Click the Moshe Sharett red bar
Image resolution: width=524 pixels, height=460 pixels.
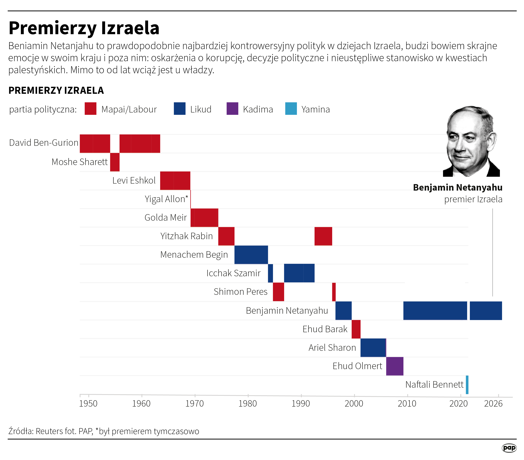(115, 162)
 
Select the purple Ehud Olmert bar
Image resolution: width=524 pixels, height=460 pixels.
(395, 366)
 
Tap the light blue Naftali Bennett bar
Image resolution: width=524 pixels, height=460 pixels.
(467, 385)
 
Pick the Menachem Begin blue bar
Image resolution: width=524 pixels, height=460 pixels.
(251, 255)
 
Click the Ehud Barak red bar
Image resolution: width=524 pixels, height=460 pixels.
(356, 329)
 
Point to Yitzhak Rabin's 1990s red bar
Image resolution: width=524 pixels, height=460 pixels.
(323, 236)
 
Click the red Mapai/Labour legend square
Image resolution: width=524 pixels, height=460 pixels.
(91, 109)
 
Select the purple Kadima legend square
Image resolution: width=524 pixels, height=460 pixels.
(232, 109)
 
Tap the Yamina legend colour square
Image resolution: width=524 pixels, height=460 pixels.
(291, 109)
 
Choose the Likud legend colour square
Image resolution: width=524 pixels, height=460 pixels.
(180, 109)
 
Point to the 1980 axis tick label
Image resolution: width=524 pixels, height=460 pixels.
(248, 404)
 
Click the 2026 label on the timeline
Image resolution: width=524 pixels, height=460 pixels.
(493, 404)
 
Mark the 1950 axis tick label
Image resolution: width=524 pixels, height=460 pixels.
(88, 404)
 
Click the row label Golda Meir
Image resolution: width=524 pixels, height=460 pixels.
(166, 217)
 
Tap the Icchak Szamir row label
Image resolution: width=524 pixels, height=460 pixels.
(234, 273)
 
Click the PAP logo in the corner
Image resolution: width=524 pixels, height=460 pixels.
(509, 448)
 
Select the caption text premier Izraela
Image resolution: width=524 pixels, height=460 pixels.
(473, 199)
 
